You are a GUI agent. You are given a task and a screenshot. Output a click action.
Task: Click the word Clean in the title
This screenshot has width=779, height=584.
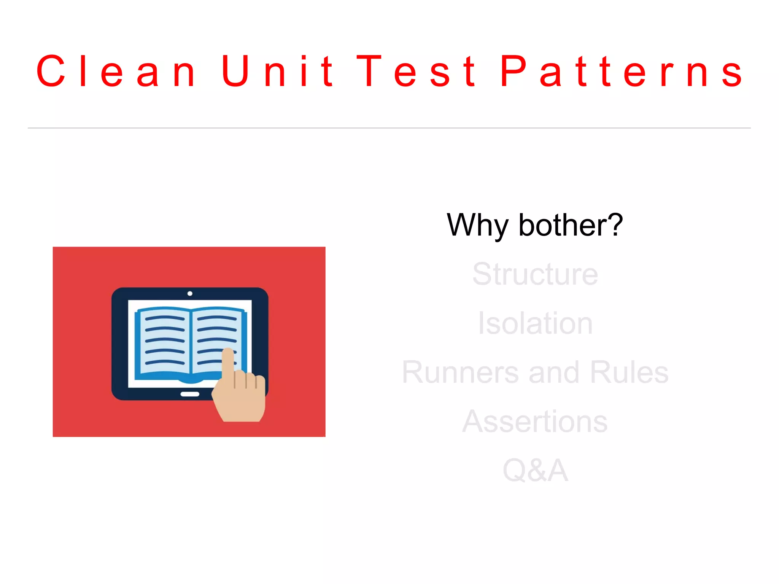click(116, 71)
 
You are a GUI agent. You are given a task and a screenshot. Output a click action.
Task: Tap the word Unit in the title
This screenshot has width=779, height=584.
click(277, 71)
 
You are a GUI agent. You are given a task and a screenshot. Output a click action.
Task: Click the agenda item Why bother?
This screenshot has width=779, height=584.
click(534, 225)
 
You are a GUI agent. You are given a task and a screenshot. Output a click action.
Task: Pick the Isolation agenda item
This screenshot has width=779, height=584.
click(535, 323)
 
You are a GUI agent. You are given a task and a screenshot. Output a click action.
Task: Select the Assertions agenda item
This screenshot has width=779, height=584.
click(535, 421)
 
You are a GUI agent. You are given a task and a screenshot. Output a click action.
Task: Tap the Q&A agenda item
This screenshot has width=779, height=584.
click(535, 470)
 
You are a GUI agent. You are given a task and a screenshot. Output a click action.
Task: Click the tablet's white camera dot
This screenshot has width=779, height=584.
click(190, 293)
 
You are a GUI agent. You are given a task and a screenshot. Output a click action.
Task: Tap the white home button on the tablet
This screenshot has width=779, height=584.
click(190, 394)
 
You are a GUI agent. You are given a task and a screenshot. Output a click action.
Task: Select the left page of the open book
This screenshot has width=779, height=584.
click(164, 341)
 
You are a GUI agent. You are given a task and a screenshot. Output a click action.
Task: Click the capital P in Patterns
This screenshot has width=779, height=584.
click(514, 71)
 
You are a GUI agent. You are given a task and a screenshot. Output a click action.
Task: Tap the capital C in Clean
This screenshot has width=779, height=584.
click(51, 71)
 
